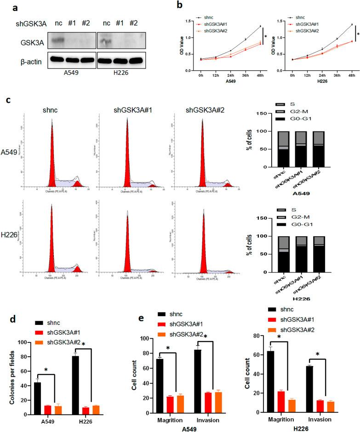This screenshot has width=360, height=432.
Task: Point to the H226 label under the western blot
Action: [x=122, y=74]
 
